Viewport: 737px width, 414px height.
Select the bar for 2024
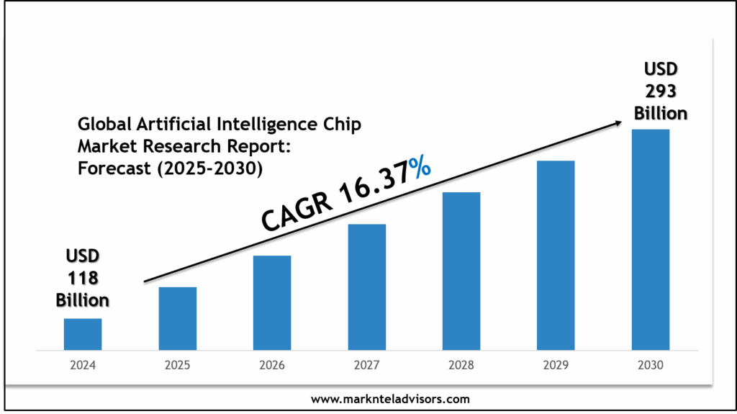click(83, 334)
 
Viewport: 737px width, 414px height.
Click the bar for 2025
click(177, 318)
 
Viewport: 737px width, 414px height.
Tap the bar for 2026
click(272, 302)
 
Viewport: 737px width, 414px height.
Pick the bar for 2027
click(366, 287)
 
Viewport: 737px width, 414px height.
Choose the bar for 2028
click(461, 271)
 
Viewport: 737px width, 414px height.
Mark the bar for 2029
click(556, 255)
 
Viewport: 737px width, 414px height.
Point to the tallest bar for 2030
click(651, 239)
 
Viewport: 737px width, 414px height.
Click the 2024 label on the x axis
click(83, 365)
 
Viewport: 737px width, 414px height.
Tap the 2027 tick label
click(366, 365)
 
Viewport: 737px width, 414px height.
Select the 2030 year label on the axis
click(651, 365)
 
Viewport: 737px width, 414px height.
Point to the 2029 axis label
click(556, 365)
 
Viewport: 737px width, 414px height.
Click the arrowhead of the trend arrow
click(618, 123)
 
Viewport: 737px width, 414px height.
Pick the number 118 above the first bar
click(83, 277)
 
